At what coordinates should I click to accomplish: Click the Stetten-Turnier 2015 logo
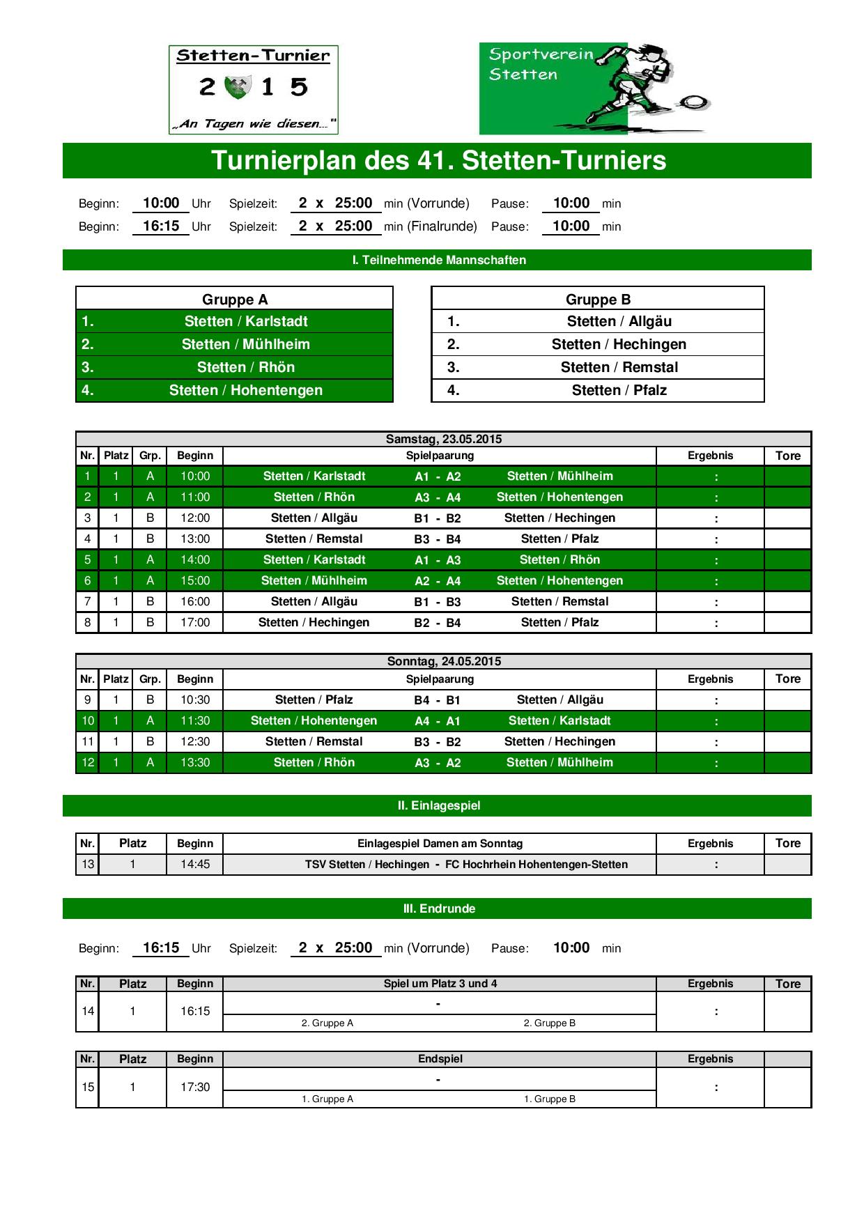253,90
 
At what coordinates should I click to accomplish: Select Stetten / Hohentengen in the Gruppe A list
245,390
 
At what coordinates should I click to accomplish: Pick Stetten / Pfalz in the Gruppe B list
619,390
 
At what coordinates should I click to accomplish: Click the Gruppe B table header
598,300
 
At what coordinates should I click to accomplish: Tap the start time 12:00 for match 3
195,518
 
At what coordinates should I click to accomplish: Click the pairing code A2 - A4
438,581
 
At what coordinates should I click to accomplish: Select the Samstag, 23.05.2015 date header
444,439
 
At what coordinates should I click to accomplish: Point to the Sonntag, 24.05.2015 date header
444,661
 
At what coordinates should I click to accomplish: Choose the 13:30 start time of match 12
195,762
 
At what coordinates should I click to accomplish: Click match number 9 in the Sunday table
87,699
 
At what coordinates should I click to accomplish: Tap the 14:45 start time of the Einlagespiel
195,864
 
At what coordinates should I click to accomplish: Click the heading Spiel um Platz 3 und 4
440,984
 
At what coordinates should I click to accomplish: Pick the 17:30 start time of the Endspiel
195,1087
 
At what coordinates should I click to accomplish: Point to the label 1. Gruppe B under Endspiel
550,1099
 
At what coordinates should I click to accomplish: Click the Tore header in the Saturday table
788,456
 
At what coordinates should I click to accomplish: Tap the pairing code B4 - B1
438,700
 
